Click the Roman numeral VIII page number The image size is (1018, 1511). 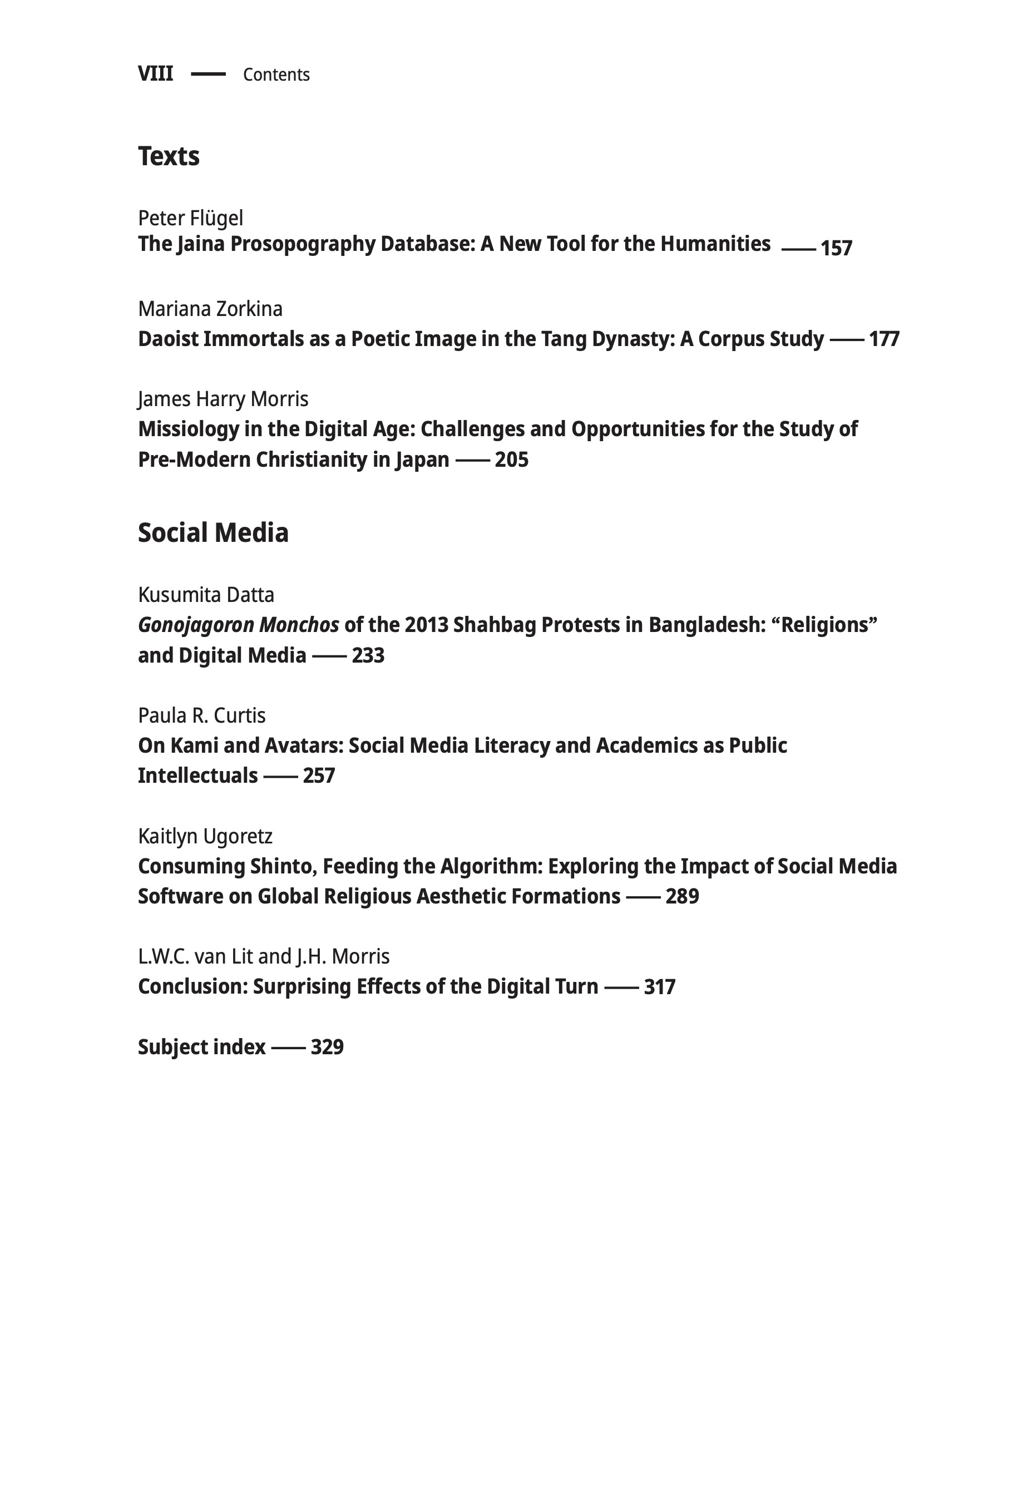pos(155,74)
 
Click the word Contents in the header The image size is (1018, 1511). pos(276,75)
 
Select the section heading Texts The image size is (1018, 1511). pos(169,156)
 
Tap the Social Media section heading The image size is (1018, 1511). pos(213,532)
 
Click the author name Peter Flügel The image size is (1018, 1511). pos(190,218)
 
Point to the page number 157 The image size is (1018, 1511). pos(836,248)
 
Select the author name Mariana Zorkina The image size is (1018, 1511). pos(210,309)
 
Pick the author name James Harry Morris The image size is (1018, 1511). pos(223,399)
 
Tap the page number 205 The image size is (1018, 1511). pos(512,460)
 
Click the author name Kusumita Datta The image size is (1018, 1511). pos(206,595)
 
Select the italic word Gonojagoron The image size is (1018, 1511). pos(195,625)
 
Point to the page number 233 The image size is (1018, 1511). pos(368,655)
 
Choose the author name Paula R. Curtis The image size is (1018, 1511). pos(201,715)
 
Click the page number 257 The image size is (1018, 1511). pos(319,776)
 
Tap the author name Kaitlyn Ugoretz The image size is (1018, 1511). pos(205,836)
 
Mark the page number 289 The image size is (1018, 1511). pos(683,897)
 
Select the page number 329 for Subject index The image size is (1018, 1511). pos(327,1048)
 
